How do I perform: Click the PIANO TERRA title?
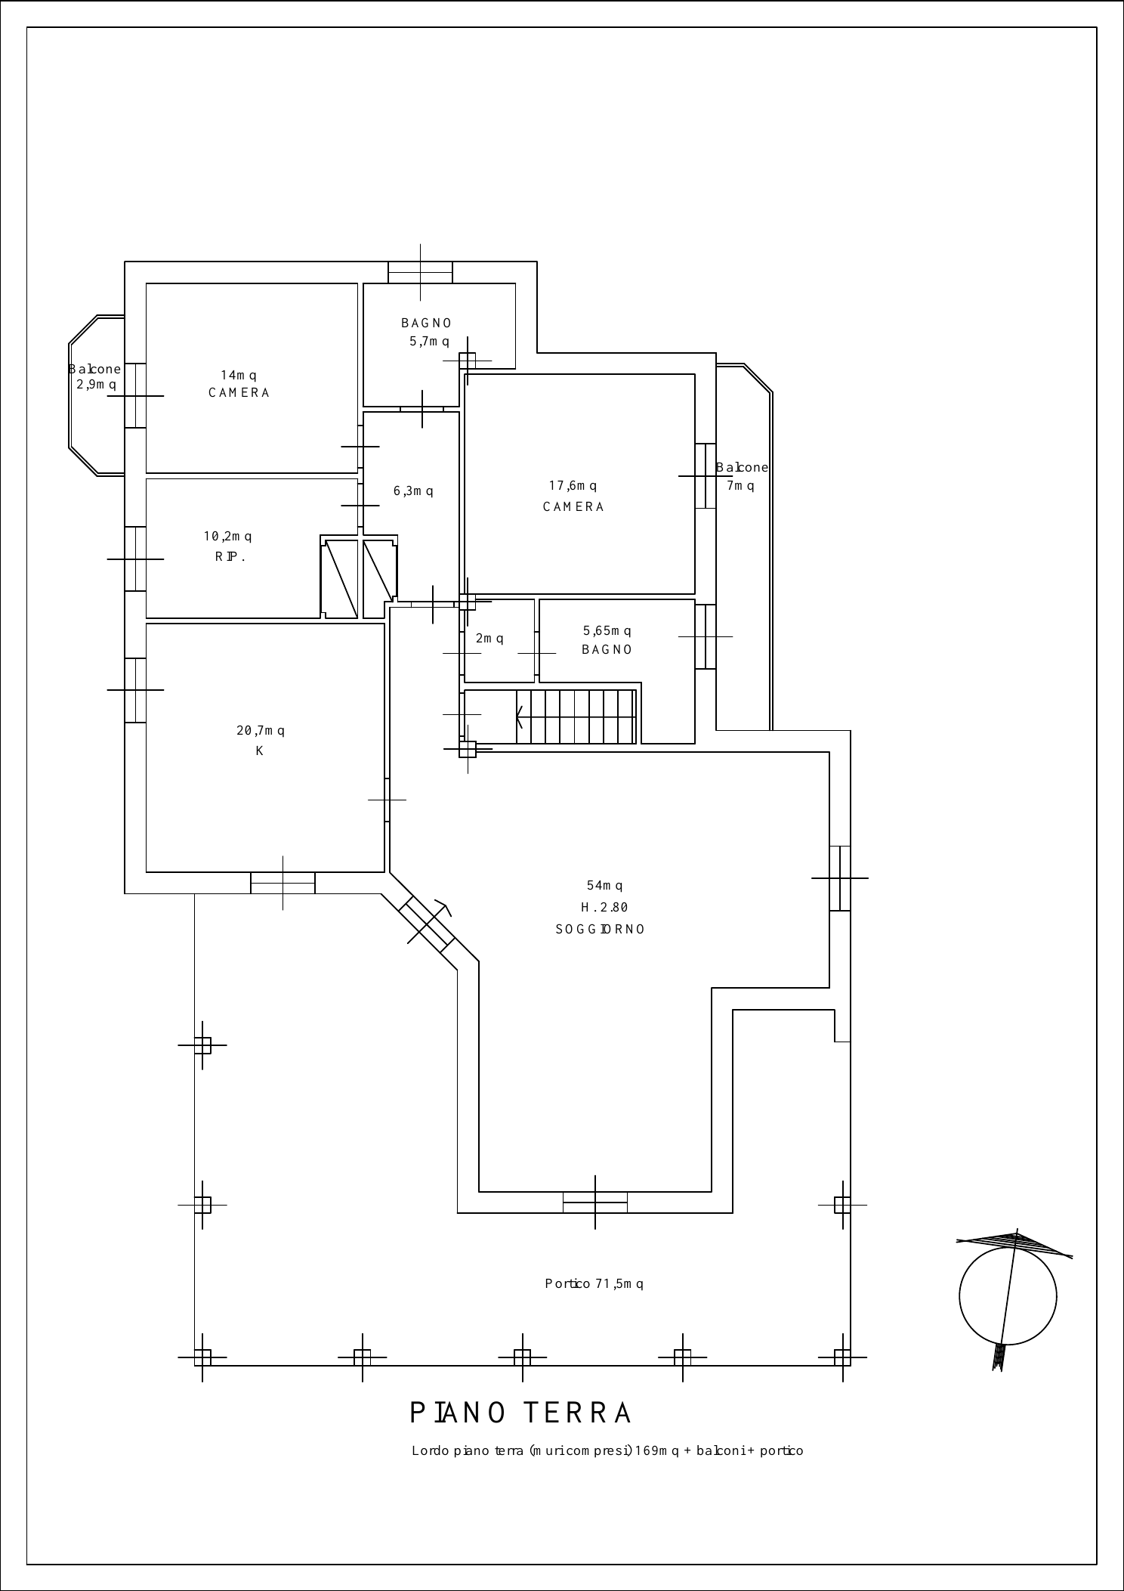pyautogui.click(x=520, y=1413)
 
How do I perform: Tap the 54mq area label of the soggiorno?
pyautogui.click(x=605, y=885)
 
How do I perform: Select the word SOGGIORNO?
pyautogui.click(x=601, y=929)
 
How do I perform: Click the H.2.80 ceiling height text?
pyautogui.click(x=604, y=907)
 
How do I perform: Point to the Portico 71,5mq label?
pyautogui.click(x=594, y=1283)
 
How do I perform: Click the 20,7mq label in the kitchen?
pyautogui.click(x=261, y=730)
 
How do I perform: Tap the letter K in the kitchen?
pyautogui.click(x=259, y=751)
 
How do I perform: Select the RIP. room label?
pyautogui.click(x=230, y=557)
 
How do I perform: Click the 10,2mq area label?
pyautogui.click(x=227, y=536)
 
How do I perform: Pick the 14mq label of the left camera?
pyautogui.click(x=239, y=375)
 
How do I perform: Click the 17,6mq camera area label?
pyautogui.click(x=573, y=485)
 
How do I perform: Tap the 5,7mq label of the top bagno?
pyautogui.click(x=429, y=341)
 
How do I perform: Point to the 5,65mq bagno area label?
pyautogui.click(x=607, y=630)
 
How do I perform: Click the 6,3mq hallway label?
pyautogui.click(x=413, y=491)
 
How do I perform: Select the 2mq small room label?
pyautogui.click(x=489, y=638)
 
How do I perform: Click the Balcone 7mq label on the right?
pyautogui.click(x=742, y=476)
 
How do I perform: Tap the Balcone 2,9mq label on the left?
pyautogui.click(x=95, y=376)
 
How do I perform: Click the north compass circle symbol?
pyautogui.click(x=1008, y=1296)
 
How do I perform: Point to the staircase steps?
pyautogui.click(x=576, y=716)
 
